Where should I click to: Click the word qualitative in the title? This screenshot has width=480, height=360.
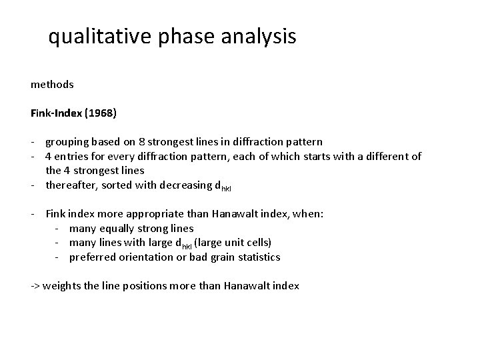click(x=101, y=37)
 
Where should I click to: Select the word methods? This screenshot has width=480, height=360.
click(x=52, y=85)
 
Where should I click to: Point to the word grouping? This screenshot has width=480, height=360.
click(x=67, y=142)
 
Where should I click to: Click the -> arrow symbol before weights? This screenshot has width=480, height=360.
click(x=35, y=286)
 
